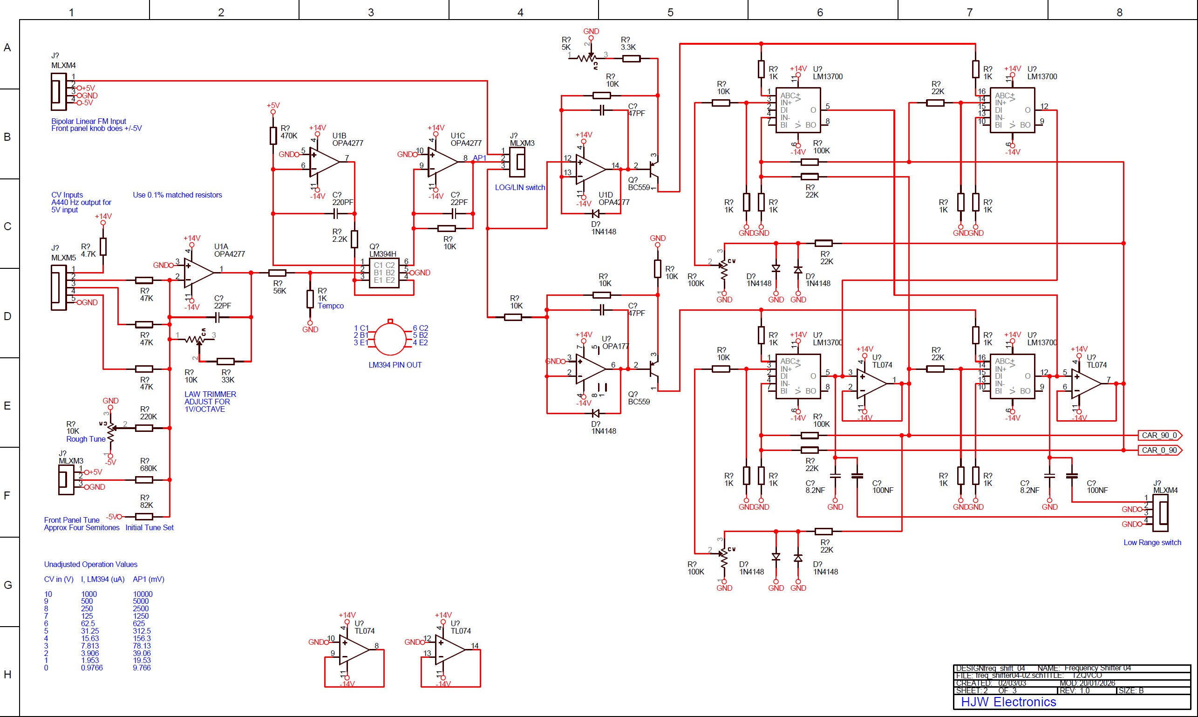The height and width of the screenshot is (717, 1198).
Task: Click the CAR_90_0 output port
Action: [1159, 435]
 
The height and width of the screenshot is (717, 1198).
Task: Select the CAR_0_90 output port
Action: [1159, 451]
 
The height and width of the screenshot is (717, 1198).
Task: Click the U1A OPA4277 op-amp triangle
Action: [198, 273]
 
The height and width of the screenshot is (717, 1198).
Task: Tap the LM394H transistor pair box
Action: [384, 273]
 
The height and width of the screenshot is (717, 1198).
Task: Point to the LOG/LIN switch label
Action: [520, 187]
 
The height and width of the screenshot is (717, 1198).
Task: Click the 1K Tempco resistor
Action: [310, 299]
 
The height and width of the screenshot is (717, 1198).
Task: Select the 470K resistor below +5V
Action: [273, 135]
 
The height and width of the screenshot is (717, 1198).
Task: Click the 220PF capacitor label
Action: [342, 202]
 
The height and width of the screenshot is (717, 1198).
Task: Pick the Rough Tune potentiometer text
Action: [86, 439]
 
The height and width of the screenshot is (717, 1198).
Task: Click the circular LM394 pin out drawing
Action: [390, 339]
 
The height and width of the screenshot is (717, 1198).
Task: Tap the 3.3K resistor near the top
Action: [631, 58]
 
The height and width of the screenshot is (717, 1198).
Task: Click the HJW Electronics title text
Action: [1008, 702]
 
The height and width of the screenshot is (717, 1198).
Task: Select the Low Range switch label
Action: [1152, 542]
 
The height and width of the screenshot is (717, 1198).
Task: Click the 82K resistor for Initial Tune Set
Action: [144, 517]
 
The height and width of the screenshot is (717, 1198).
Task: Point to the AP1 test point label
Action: [479, 158]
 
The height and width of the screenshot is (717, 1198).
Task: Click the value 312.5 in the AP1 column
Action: [142, 630]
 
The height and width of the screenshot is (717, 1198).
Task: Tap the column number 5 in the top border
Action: [670, 12]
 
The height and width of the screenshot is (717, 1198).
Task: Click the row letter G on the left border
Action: [8, 585]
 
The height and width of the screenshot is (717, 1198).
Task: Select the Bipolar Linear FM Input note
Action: [96, 125]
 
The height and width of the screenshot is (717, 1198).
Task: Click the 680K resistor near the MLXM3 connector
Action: [144, 480]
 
